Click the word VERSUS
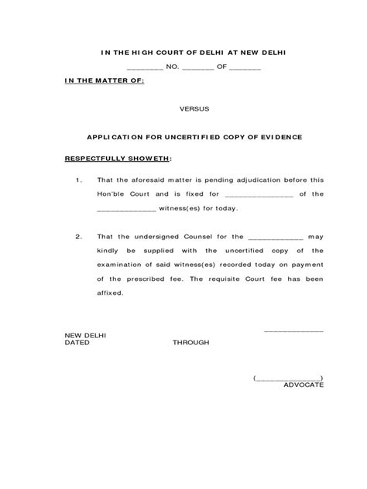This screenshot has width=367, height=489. (x=193, y=109)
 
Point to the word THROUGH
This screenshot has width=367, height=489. (x=190, y=341)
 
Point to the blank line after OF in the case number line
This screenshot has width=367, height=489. (x=246, y=68)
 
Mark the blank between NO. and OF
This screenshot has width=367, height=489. (x=197, y=68)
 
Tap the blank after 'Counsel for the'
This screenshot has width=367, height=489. (x=276, y=236)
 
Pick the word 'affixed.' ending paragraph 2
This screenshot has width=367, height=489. (x=110, y=294)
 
